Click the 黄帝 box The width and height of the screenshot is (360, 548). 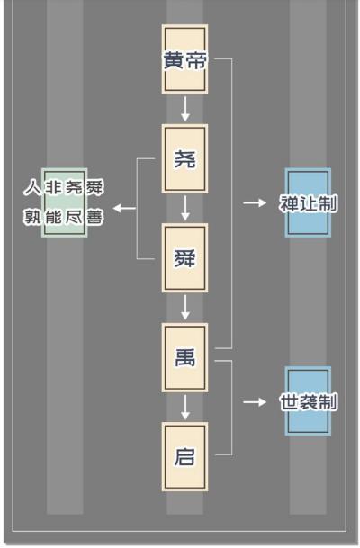(184, 59)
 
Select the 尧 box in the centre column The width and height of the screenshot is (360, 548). (184, 158)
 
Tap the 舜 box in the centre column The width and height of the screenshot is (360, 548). (184, 257)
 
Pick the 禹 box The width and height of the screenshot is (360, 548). (184, 357)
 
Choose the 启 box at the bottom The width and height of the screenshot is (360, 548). (184, 456)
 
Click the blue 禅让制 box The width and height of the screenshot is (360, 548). (308, 202)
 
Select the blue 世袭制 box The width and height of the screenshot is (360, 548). (308, 401)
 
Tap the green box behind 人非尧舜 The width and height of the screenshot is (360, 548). (64, 202)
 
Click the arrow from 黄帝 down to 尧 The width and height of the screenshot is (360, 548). (184, 109)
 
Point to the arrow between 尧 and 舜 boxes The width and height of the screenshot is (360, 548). (184, 208)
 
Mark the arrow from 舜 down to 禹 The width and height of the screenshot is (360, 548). (184, 308)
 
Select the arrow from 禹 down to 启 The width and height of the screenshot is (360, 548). (184, 407)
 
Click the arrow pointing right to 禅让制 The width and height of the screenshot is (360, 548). (255, 202)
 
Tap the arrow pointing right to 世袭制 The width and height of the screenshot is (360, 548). (255, 401)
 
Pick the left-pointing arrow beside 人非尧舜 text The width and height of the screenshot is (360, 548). (125, 209)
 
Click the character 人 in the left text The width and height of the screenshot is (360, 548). (32, 189)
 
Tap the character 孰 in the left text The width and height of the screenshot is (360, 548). (32, 217)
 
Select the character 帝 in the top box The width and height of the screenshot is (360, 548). (196, 60)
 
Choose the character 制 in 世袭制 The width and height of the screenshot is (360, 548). (328, 401)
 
